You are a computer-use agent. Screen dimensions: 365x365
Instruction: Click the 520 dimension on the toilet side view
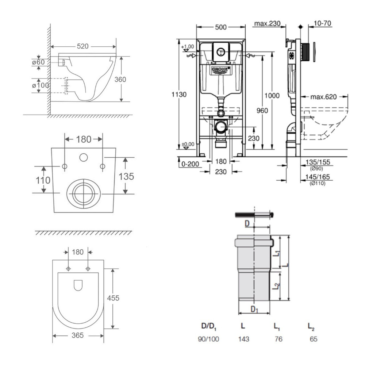pos(83,46)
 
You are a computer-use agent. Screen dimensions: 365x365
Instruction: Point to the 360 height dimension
pos(120,79)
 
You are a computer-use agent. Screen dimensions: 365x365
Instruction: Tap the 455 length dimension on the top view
pos(113,298)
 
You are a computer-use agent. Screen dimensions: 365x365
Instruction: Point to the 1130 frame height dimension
pos(179,94)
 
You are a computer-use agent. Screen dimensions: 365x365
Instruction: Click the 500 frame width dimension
pos(221,28)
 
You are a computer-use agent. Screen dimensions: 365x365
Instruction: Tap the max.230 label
pos(267,24)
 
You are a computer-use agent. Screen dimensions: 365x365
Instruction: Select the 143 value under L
pos(243,339)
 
